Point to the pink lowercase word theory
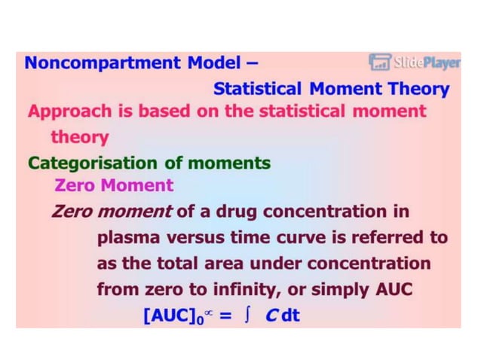(79, 138)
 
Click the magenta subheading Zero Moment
(114, 185)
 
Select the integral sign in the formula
(245, 315)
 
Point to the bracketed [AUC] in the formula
(170, 315)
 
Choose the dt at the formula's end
(290, 315)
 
